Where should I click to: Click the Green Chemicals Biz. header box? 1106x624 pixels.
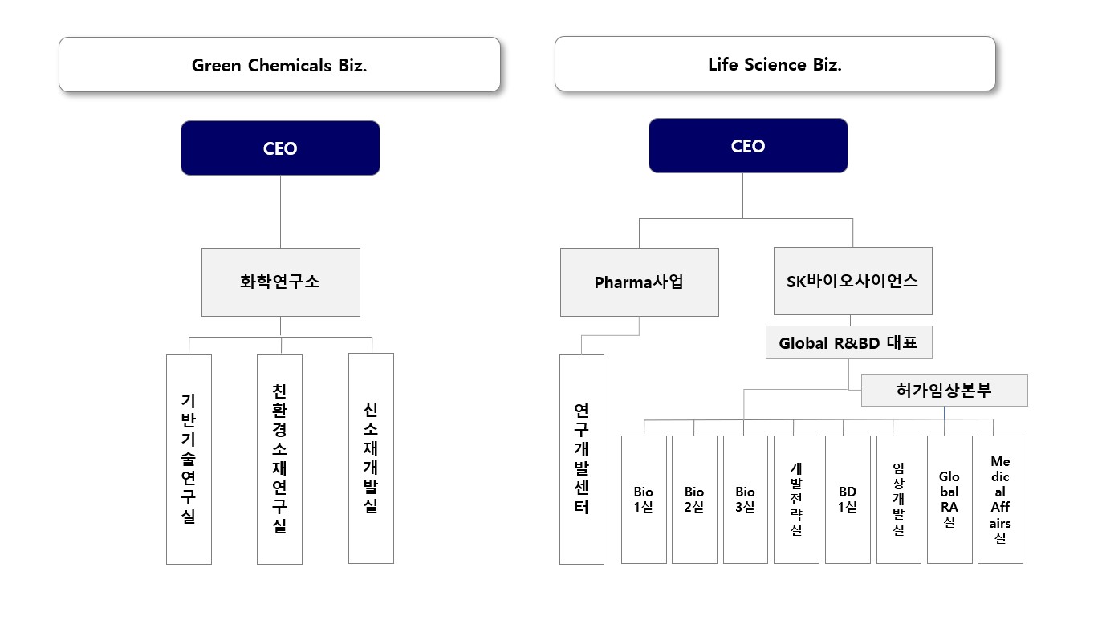tap(279, 65)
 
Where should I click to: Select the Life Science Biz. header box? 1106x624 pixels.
tap(775, 64)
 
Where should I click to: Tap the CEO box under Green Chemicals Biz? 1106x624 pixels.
tap(280, 148)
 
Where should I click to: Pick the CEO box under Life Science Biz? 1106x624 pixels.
tap(748, 146)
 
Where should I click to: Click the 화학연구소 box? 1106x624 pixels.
tap(280, 282)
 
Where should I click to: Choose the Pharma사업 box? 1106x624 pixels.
tap(639, 282)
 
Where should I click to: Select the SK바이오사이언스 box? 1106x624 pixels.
tap(852, 281)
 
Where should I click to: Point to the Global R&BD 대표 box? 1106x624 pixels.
tap(848, 343)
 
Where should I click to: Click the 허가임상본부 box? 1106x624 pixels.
tap(944, 391)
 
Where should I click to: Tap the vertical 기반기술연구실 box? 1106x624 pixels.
tap(189, 459)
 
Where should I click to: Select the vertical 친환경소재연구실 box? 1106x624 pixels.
tap(279, 459)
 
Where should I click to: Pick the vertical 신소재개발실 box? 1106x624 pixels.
tap(371, 458)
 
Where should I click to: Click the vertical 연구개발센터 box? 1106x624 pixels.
tap(581, 459)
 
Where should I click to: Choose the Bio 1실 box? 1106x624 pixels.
tap(644, 499)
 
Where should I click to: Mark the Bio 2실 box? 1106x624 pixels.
tap(694, 499)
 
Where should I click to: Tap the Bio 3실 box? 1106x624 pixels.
tap(746, 499)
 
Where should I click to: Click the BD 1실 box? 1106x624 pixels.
tap(848, 499)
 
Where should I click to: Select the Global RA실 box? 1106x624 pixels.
tap(949, 499)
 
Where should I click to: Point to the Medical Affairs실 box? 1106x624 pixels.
tap(1000, 499)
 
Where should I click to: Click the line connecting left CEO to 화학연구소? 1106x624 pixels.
tap(280, 212)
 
